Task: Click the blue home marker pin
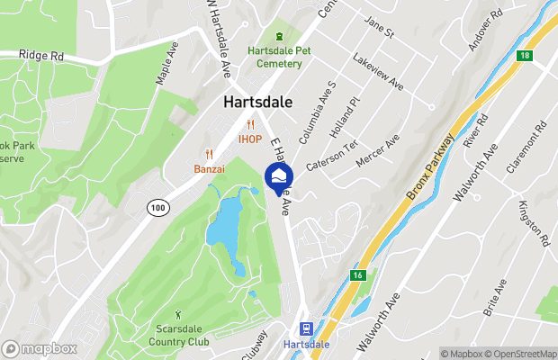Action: [x=279, y=175]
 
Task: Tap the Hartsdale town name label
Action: [x=257, y=103]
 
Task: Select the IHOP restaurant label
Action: [x=250, y=139]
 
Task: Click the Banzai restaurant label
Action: [x=210, y=168]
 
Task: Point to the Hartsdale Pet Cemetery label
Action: [x=279, y=57]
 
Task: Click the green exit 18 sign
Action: [x=524, y=56]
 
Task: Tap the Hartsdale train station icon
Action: [x=306, y=328]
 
